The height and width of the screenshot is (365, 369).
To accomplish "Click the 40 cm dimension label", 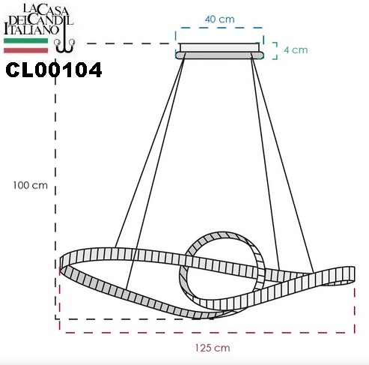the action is coord(220,19).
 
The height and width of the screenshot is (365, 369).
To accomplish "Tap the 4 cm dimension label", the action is coord(296,50).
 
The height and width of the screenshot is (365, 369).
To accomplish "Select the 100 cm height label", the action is coord(30,185).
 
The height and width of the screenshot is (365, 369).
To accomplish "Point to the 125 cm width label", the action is coord(213,348).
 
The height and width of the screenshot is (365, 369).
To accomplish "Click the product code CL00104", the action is coord(54,70).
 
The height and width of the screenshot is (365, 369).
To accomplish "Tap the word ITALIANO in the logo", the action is coord(31,30).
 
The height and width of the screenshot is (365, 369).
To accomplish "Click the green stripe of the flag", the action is coord(25,41).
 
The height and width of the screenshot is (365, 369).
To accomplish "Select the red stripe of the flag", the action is coord(25,50).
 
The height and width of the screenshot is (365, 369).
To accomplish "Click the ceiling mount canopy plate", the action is coord(219,51).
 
